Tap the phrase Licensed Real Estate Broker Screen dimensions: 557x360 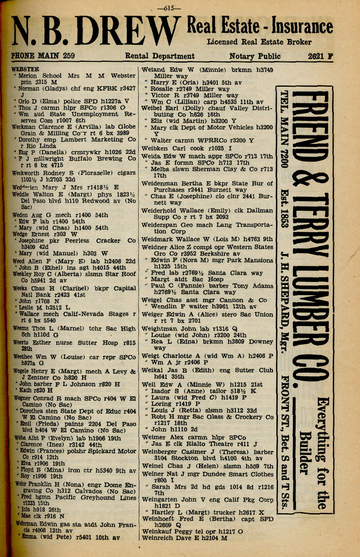click(259, 42)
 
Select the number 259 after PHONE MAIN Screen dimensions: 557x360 click(69, 56)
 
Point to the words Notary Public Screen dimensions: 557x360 click(255, 57)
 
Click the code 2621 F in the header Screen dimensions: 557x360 click(320, 57)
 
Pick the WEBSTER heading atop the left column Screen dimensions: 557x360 click(25, 69)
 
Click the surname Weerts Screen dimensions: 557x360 click(21, 343)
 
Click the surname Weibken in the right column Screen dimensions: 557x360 click(154, 148)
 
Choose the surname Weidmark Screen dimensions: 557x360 click(157, 239)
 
